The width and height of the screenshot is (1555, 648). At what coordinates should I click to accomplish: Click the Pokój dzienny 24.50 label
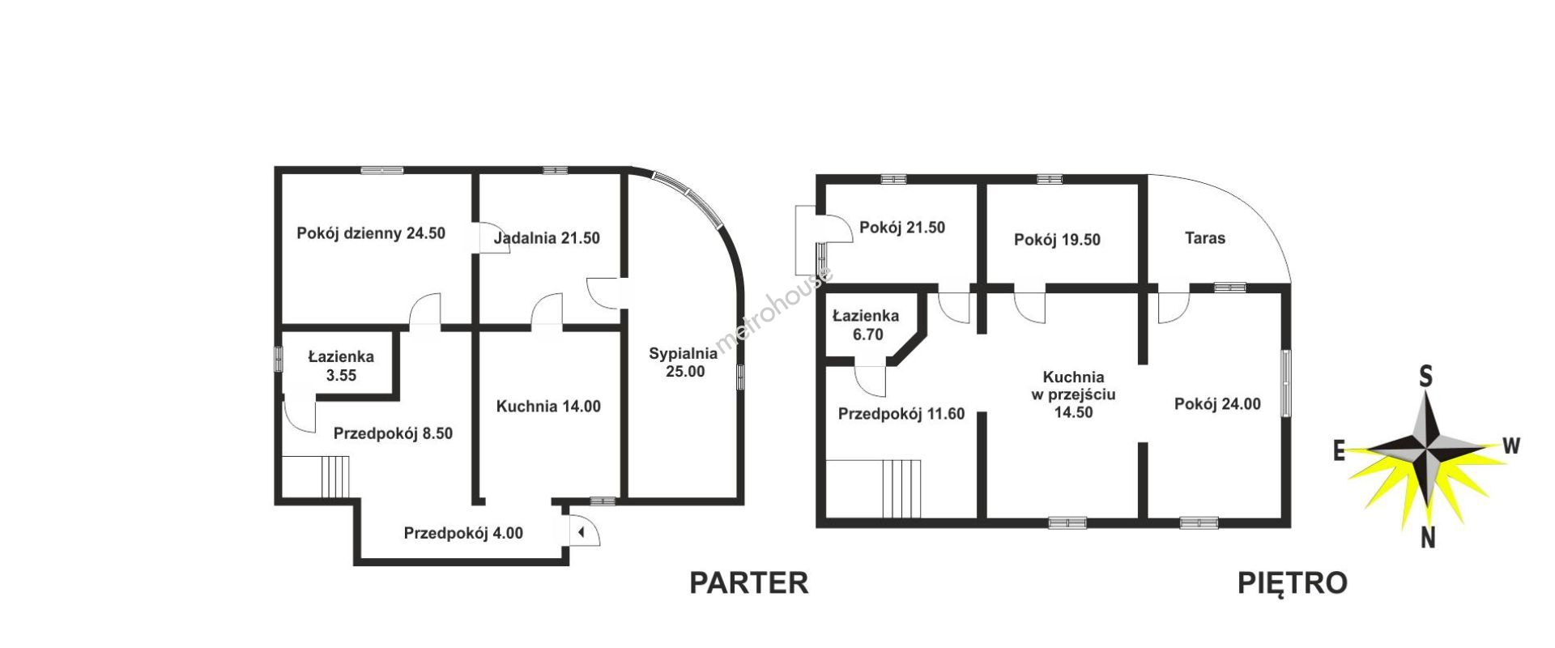tap(371, 233)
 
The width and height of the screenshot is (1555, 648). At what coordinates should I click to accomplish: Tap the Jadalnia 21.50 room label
tap(547, 238)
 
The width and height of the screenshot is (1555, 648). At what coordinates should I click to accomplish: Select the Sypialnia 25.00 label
tap(683, 362)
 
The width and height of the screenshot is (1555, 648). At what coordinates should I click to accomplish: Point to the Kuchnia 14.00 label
tap(548, 407)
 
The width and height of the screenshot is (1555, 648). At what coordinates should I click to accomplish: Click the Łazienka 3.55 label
tap(341, 366)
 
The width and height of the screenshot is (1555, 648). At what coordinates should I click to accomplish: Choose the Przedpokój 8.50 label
tap(393, 433)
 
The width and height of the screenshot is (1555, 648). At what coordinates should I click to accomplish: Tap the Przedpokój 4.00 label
tap(463, 533)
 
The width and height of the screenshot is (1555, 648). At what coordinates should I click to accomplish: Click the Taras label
tap(1204, 238)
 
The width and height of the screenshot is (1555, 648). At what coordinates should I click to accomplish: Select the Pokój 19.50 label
tap(1057, 240)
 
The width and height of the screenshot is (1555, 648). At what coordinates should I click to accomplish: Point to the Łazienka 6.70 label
tap(866, 325)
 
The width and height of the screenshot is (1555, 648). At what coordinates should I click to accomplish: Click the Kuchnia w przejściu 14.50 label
tap(1073, 394)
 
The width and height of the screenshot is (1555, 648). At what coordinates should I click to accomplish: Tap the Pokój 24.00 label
tap(1217, 404)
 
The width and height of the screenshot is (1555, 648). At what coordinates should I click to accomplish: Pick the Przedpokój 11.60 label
tap(901, 414)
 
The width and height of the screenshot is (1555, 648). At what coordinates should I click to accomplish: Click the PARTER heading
tap(749, 583)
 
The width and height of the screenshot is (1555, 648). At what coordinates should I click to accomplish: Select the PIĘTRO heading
tap(1293, 583)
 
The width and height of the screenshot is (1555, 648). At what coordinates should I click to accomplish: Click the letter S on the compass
tap(1425, 377)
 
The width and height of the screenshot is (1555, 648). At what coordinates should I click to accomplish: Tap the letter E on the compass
tap(1340, 451)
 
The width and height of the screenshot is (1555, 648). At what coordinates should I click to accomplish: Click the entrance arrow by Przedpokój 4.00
tap(581, 532)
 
